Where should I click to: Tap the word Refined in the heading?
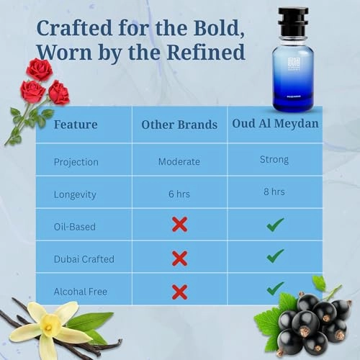point(205,53)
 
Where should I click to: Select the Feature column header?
point(76,125)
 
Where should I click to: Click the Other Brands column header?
point(179,125)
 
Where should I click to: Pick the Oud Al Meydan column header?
point(274,124)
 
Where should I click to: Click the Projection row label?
point(76,161)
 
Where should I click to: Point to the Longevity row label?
point(76,194)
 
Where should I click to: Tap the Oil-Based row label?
point(75,226)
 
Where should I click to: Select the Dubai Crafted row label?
point(84,258)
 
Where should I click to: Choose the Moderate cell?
point(179,161)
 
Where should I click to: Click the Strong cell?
point(274,159)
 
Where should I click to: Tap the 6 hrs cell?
point(179,194)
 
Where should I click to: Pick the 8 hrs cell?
point(274,192)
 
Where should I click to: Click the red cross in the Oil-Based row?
point(179,225)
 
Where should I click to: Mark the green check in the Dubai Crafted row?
point(274,256)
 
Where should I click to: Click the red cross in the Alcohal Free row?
point(179,292)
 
